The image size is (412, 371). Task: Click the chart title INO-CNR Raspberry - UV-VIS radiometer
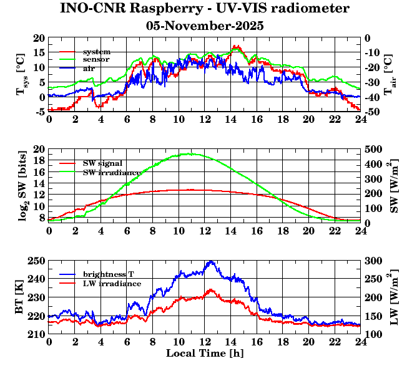pos(205,9)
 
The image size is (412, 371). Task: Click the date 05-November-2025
pos(205,26)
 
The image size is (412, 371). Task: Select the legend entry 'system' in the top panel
pos(97,51)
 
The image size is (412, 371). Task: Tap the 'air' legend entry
pos(89,67)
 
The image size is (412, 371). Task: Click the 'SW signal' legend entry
pos(103,163)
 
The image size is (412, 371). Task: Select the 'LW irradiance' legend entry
pos(110,283)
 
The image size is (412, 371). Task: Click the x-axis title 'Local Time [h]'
pos(205,353)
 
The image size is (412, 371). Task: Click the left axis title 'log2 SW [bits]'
pos(21,186)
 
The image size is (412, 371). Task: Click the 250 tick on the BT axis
pos(37,261)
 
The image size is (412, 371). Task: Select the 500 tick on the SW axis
pos(373,150)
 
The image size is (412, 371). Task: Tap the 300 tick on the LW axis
pos(373,261)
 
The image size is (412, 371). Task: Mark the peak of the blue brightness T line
pos(210,261)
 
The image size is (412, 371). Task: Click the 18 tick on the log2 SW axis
pos(40,161)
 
